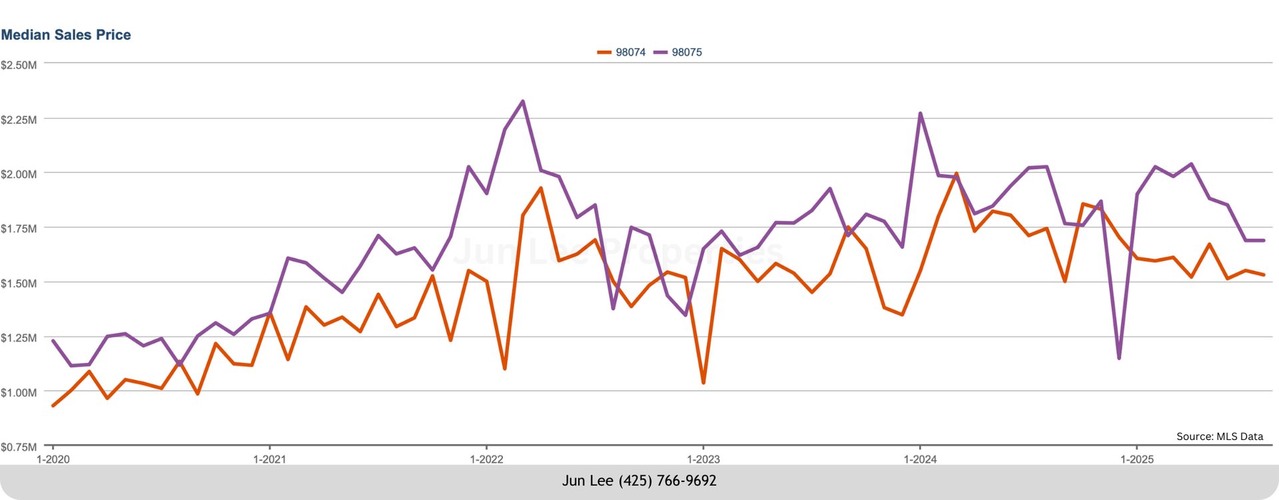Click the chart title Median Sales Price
point(66,35)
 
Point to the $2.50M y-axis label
point(19,65)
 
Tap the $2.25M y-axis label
point(19,120)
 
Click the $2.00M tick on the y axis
point(19,175)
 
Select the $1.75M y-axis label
point(19,229)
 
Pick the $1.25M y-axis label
point(19,338)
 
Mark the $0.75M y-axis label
point(19,447)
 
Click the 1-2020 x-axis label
point(53,459)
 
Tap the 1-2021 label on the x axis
point(270,459)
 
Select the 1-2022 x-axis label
point(486,459)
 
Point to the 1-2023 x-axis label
point(703,459)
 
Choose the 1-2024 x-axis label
point(920,459)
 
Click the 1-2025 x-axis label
point(1137,459)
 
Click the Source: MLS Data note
point(1219,437)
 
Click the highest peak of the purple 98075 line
point(523,101)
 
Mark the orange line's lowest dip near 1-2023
point(703,383)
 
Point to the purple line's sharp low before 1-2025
point(1119,359)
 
